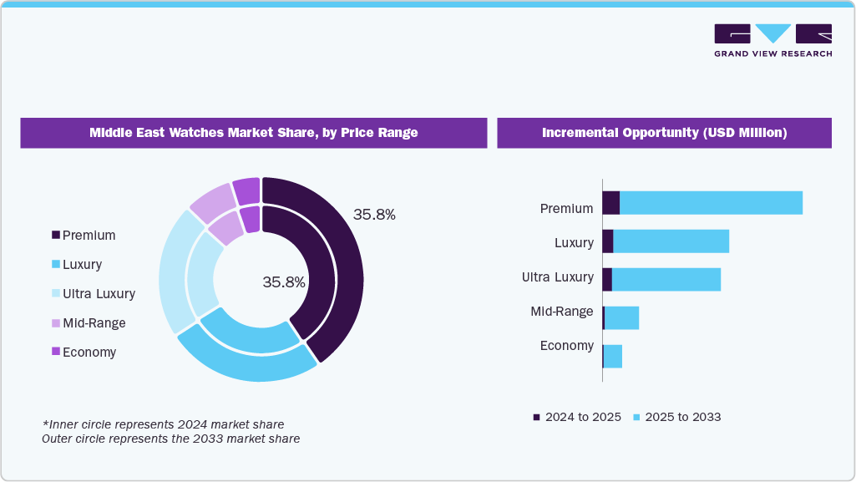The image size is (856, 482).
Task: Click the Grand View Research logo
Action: (772, 40)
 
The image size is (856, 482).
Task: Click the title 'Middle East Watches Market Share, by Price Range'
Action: (253, 133)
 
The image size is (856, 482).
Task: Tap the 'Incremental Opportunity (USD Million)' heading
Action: (664, 133)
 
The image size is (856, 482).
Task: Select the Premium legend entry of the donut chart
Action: (84, 236)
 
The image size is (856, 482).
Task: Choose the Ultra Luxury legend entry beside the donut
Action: (93, 294)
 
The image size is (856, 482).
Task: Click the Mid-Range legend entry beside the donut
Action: (88, 323)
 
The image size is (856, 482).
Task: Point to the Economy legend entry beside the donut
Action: (84, 353)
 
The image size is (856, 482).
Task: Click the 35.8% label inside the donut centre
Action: (284, 282)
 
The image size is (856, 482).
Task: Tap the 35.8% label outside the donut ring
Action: (374, 215)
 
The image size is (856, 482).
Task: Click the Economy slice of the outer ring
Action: (247, 191)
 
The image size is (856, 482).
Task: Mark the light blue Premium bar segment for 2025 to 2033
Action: (711, 203)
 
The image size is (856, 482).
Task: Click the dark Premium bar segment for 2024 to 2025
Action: (611, 203)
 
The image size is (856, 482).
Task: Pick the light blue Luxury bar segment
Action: (671, 241)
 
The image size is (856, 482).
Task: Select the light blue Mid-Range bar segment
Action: (621, 318)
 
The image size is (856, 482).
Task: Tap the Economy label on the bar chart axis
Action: (566, 346)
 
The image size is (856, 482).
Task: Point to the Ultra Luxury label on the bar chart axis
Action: (557, 277)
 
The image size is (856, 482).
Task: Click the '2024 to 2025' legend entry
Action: (577, 417)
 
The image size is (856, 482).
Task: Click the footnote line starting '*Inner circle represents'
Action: (163, 424)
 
